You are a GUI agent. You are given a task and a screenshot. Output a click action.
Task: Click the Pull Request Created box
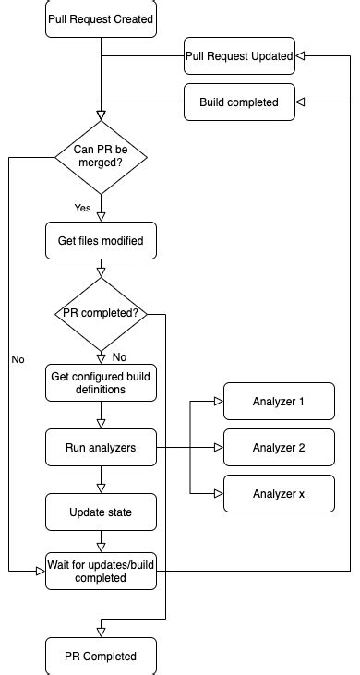101,18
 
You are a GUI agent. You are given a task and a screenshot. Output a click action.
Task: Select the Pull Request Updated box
239,56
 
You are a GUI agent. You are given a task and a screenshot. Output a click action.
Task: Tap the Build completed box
239,102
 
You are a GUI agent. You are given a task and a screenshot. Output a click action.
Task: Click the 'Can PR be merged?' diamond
101,158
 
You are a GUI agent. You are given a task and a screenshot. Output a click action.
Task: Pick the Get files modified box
101,242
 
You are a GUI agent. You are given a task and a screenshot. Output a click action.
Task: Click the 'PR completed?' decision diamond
101,313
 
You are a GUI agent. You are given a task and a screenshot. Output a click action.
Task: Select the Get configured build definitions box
101,382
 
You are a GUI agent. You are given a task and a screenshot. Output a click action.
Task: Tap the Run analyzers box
101,448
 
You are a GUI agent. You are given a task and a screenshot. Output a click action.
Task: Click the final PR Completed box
101,656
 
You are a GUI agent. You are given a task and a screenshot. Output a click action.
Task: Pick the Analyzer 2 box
278,448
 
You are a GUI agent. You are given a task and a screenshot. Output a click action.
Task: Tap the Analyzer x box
278,494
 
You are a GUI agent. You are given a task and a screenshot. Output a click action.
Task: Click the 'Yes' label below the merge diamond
82,208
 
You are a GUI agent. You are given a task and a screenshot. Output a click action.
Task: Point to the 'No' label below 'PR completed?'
119,356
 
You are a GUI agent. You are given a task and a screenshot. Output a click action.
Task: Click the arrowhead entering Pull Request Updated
301,56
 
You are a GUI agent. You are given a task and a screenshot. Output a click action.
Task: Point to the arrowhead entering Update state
101,488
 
